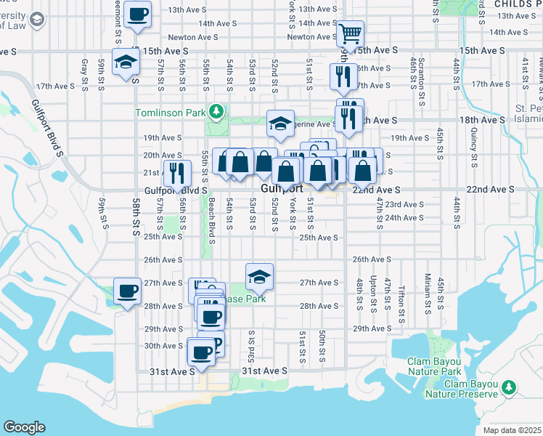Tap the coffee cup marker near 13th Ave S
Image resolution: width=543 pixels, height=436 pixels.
(138, 14)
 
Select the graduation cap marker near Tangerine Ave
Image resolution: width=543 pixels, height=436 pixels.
(279, 123)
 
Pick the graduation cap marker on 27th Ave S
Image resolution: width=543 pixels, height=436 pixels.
(259, 275)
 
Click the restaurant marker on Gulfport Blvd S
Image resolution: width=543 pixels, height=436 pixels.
(177, 172)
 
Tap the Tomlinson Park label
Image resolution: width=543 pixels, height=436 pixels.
(170, 112)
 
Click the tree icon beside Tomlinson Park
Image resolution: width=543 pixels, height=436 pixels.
(216, 112)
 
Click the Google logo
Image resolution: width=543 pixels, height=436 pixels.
(24, 427)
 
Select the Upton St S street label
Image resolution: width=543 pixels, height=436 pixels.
(373, 292)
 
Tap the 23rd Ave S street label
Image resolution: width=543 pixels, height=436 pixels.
(404, 205)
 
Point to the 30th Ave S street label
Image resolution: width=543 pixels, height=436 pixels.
(163, 346)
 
